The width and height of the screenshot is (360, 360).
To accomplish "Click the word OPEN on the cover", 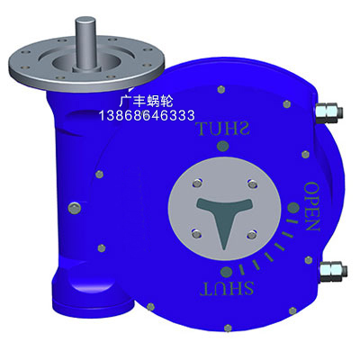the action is pos(312,206).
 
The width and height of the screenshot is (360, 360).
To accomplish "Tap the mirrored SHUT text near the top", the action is pos(222,129).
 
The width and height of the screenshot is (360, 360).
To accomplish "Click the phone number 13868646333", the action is pos(147,115).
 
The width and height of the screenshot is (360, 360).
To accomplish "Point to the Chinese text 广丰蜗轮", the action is pos(146,102).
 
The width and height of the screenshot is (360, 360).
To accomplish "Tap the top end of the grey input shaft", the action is pos(85,21).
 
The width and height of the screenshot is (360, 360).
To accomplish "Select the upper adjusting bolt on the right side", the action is pos(329,112).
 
